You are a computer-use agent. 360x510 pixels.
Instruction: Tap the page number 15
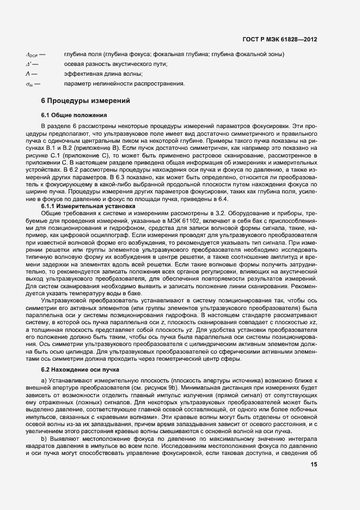click(x=314, y=464)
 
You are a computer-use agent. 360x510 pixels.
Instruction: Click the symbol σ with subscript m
click(x=29, y=84)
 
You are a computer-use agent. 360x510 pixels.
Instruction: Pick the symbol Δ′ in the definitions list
click(x=29, y=64)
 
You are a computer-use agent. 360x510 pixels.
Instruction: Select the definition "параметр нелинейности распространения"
click(x=124, y=84)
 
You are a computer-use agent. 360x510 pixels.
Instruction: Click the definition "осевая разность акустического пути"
click(x=115, y=64)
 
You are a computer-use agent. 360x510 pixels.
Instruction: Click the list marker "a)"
click(x=45, y=380)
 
